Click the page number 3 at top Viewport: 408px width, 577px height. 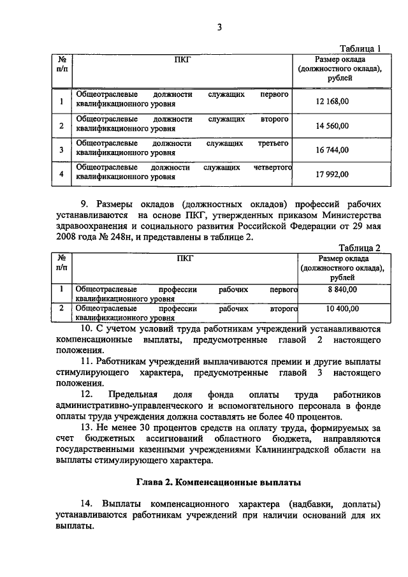pos(219,26)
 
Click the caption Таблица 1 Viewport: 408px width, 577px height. pos(360,48)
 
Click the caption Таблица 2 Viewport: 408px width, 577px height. pos(360,248)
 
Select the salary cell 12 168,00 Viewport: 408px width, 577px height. pos(332,101)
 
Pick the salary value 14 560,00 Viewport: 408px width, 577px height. pos(332,126)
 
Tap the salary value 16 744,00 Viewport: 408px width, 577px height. pos(332,150)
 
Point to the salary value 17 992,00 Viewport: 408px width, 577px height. pos(332,174)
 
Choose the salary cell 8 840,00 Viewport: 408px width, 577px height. pos(341,289)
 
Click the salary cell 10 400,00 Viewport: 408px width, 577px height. pos(342,309)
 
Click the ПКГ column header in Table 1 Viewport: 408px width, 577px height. pos(182,60)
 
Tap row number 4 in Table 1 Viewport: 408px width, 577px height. pos(61,174)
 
